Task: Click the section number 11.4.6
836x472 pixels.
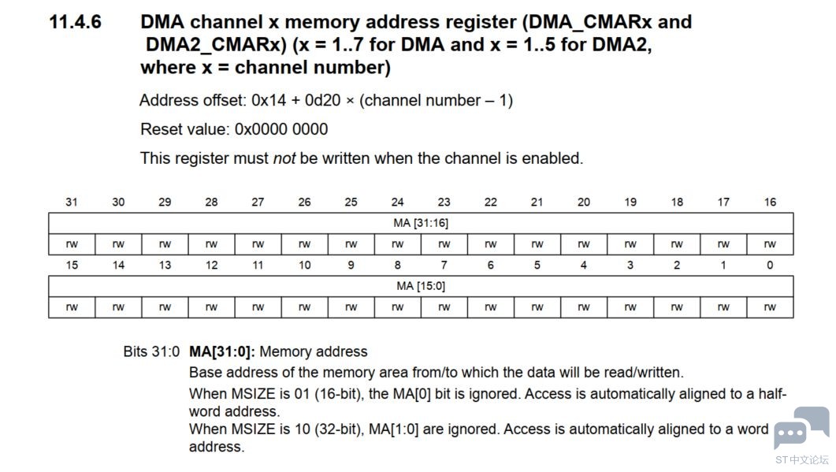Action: coord(75,22)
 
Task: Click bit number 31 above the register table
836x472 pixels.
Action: coord(72,203)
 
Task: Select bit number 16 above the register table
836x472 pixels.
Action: coord(770,203)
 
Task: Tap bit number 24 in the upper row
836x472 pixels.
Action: coord(397,203)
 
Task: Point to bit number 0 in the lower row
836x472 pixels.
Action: coord(770,265)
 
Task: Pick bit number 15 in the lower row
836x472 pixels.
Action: coord(72,265)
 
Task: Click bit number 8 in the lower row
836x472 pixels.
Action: coord(397,265)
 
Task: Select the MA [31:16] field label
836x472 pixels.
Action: coord(421,223)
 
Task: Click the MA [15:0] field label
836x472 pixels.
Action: coord(421,286)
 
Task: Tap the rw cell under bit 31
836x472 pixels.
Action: coord(72,244)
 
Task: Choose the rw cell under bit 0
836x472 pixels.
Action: coord(770,307)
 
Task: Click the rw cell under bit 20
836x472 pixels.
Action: coord(584,244)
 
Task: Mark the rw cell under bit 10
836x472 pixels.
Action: coord(304,307)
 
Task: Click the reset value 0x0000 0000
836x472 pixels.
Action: coord(281,129)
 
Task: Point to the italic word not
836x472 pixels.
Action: coord(284,158)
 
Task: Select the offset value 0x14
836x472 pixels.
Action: coord(269,100)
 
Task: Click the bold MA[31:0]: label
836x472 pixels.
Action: coord(221,351)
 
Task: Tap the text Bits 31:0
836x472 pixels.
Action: coord(151,351)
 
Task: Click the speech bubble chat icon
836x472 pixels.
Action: coord(801,428)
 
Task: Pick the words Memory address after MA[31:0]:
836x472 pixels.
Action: coord(314,351)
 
